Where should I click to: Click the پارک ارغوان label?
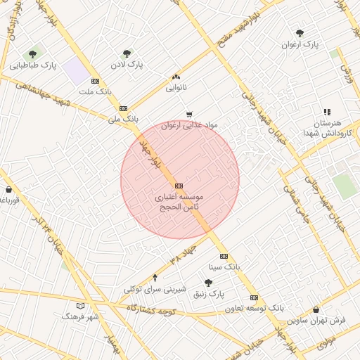(x=300, y=45)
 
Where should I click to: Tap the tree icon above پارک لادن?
(x=127, y=53)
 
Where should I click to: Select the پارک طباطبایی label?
(x=33, y=66)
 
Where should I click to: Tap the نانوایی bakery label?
(x=176, y=88)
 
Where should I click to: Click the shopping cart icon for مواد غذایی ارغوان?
(x=188, y=115)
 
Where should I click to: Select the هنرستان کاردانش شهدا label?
(x=323, y=128)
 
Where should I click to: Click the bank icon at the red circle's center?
(x=179, y=186)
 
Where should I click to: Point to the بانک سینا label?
(x=224, y=267)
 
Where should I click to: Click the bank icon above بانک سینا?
(x=224, y=257)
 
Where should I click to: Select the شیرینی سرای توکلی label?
(x=155, y=289)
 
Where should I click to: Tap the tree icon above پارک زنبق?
(x=208, y=283)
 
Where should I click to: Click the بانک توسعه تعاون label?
(x=255, y=308)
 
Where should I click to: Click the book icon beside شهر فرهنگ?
(x=79, y=307)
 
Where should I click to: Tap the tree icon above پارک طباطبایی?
(x=32, y=55)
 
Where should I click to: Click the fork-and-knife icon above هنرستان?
(x=327, y=112)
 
